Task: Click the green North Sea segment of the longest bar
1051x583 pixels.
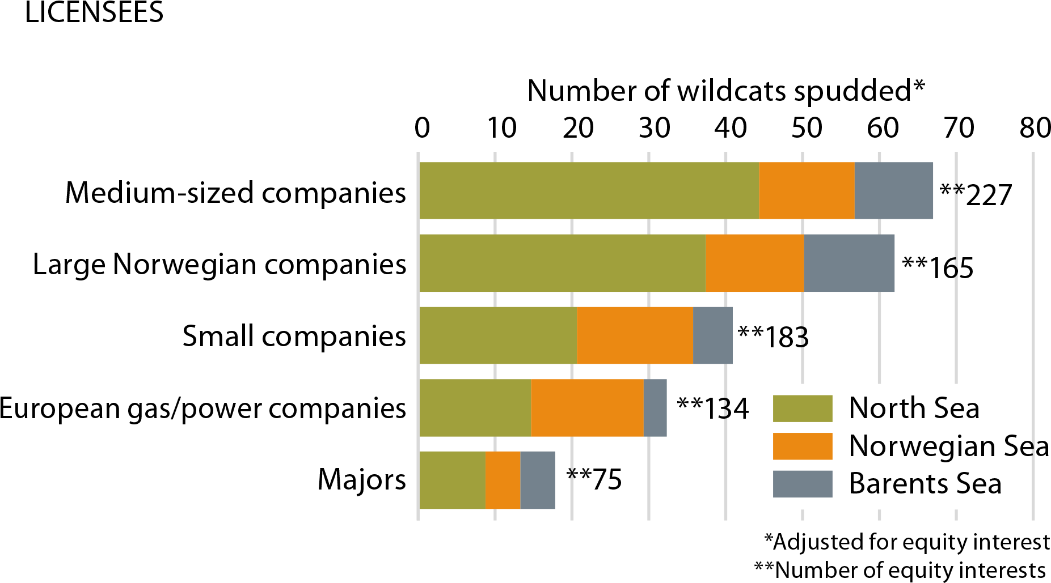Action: coord(589,190)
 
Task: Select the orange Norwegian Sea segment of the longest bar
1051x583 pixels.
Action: coord(807,190)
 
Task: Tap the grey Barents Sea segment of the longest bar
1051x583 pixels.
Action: coord(894,190)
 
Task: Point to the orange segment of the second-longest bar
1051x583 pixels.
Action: coord(755,263)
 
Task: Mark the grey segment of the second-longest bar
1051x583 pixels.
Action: coord(849,263)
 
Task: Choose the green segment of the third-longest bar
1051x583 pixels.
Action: coord(498,335)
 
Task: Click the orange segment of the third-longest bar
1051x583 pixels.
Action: coord(635,335)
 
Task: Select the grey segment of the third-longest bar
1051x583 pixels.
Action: coord(712,335)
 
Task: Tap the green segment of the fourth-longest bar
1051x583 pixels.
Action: coord(475,407)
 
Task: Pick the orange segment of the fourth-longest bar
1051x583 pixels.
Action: coord(587,407)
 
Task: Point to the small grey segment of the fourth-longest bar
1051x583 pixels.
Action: coord(655,407)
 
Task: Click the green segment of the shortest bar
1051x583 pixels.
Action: coord(452,480)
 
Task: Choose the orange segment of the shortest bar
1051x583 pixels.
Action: coord(503,480)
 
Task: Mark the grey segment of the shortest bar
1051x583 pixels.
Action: coord(537,480)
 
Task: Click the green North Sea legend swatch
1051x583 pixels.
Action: coord(803,408)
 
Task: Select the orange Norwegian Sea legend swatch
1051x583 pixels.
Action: coord(803,446)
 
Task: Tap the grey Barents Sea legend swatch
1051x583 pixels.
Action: coord(803,484)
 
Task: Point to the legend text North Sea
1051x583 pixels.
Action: coord(914,408)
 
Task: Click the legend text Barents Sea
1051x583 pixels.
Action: coord(925,484)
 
